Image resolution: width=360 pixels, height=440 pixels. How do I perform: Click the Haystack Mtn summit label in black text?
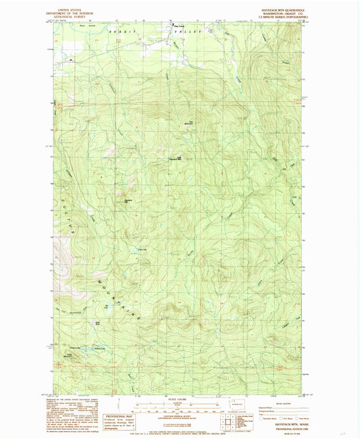click(174, 159)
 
